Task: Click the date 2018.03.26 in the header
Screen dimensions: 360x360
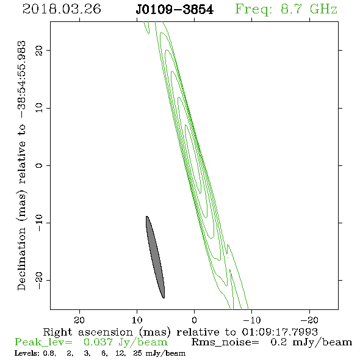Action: [62, 9]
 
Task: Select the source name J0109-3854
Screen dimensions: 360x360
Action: [175, 10]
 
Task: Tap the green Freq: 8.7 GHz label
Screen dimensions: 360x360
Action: [286, 10]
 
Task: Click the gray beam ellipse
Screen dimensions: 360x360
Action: [155, 257]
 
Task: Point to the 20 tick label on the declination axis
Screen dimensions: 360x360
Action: [39, 51]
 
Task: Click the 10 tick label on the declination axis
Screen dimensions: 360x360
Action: [39, 108]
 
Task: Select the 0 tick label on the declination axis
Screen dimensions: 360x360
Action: [39, 165]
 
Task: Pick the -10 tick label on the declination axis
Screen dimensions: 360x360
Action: [39, 223]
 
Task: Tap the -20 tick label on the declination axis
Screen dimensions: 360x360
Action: [39, 280]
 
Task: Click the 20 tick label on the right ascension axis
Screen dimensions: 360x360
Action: [79, 320]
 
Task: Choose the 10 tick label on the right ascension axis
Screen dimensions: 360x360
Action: [137, 320]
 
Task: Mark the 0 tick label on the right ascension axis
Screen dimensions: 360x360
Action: [194, 320]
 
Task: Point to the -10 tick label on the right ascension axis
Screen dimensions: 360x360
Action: [252, 320]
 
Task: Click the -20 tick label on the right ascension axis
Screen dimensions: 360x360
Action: [309, 320]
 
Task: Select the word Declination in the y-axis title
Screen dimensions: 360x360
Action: [21, 259]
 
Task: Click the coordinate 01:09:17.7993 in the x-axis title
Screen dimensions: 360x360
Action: [279, 332]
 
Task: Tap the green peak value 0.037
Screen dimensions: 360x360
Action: [98, 342]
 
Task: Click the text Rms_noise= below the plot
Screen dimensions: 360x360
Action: [225, 342]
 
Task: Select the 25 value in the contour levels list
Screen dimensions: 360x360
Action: [137, 353]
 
